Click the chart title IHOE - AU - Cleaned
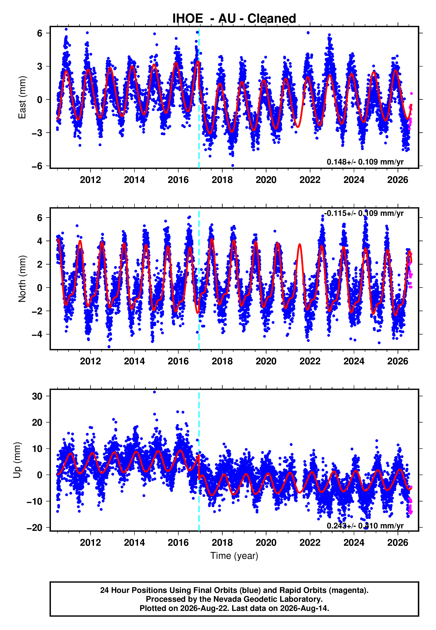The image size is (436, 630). pyautogui.click(x=234, y=19)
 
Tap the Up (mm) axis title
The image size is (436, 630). pyautogui.click(x=17, y=460)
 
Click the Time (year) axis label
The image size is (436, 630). pyautogui.click(x=234, y=556)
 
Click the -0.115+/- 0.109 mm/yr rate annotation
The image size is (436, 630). pyautogui.click(x=364, y=213)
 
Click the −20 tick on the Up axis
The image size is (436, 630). pyautogui.click(x=34, y=528)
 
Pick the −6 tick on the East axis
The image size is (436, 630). pyautogui.click(x=37, y=166)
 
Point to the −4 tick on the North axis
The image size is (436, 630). pyautogui.click(x=37, y=334)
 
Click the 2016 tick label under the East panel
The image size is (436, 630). pyautogui.click(x=178, y=180)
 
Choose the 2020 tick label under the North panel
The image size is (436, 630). pyautogui.click(x=266, y=361)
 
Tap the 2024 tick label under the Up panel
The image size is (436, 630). pyautogui.click(x=354, y=543)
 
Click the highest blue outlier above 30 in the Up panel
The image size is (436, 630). pyautogui.click(x=154, y=392)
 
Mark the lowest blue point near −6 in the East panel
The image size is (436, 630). pyautogui.click(x=232, y=166)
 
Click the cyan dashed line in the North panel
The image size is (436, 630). pyautogui.click(x=199, y=279)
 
